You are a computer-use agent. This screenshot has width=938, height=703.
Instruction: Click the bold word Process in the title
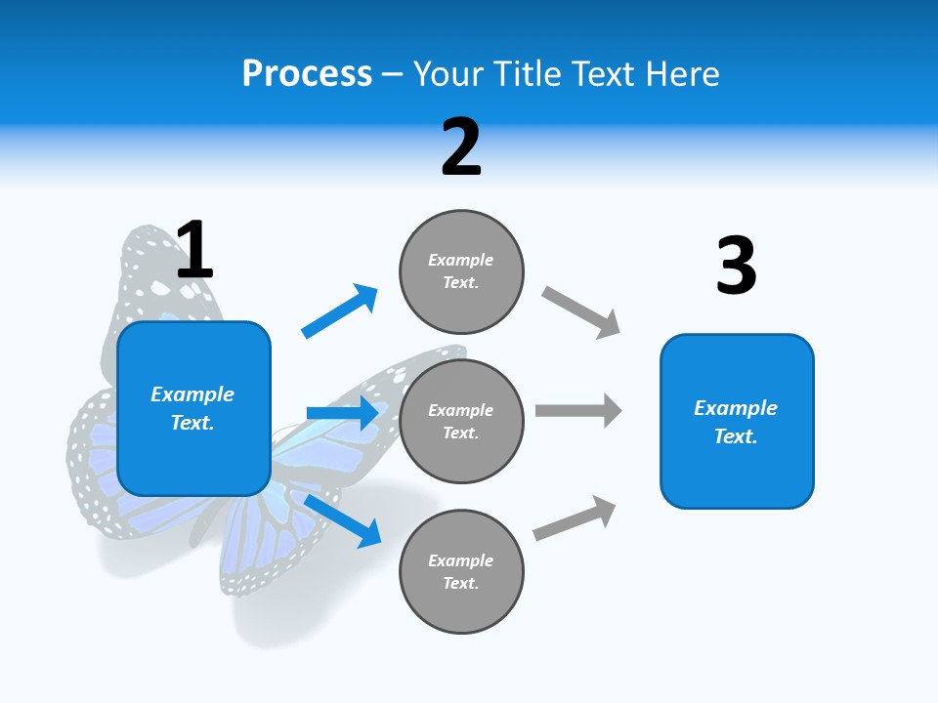(307, 74)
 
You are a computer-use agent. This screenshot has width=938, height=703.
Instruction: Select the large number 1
(194, 250)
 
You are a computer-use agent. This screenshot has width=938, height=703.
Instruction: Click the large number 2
(461, 147)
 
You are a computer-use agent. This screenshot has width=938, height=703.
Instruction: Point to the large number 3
(736, 266)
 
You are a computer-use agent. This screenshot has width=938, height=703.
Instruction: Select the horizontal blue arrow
(342, 413)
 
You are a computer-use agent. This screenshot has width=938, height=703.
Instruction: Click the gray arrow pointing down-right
(580, 312)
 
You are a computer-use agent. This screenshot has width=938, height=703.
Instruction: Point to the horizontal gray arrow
(577, 410)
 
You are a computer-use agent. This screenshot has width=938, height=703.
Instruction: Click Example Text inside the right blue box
(736, 422)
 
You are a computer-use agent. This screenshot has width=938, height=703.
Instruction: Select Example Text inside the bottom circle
(461, 572)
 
